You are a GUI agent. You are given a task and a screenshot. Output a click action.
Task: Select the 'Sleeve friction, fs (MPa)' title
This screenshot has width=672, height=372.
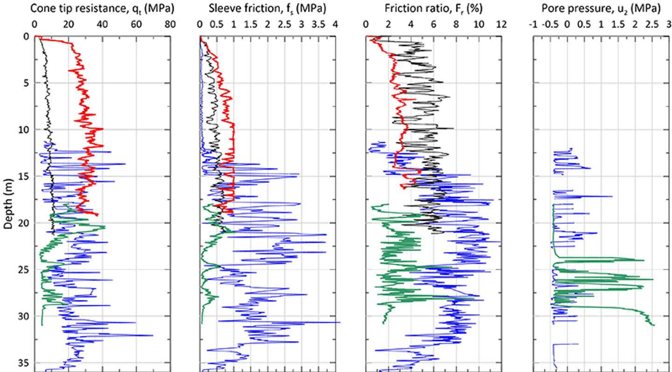[x=263, y=8]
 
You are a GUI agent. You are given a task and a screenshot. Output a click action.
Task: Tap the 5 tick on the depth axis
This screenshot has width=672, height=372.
[x=26, y=83]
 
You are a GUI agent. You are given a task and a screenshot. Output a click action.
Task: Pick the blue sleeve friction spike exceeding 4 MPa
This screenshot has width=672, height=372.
[x=340, y=322]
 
